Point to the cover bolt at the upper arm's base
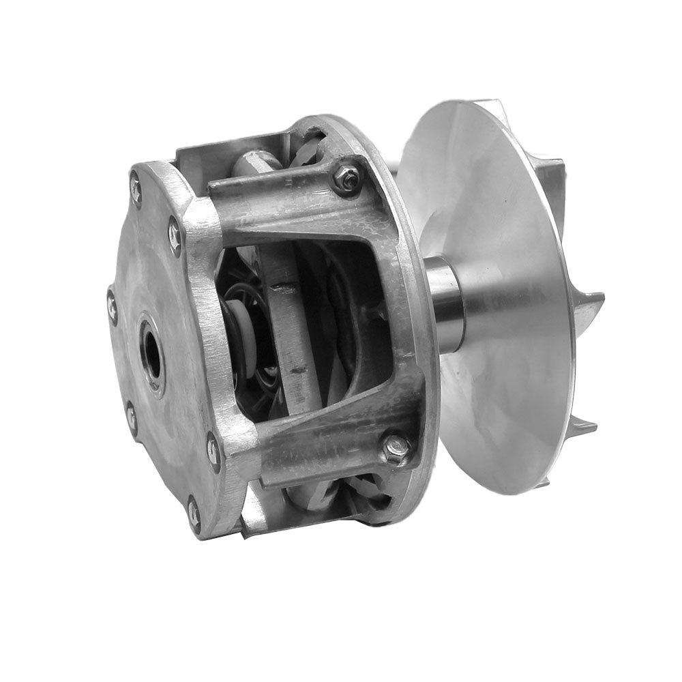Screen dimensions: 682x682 click(175, 235)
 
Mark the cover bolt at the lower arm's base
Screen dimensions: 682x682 click(213, 451)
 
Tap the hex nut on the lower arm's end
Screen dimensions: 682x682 click(395, 448)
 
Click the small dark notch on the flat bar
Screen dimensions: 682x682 click(297, 371)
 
